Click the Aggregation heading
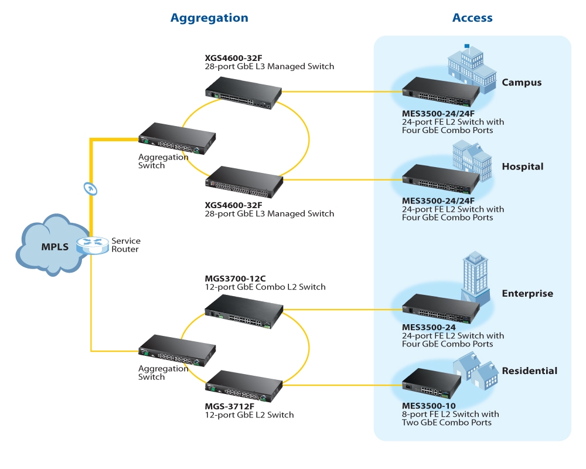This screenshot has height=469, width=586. [209, 18]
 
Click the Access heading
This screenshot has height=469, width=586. [472, 18]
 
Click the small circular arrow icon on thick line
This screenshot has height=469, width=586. [91, 188]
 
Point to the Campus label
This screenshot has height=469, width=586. [522, 83]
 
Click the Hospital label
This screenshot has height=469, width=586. [523, 166]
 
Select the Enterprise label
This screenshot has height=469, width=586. [527, 294]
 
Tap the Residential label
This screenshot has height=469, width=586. [530, 371]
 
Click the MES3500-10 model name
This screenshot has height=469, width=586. [428, 406]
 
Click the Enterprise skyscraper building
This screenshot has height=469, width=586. [473, 276]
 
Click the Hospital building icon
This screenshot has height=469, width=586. [472, 159]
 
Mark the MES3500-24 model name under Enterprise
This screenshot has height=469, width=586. [428, 327]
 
